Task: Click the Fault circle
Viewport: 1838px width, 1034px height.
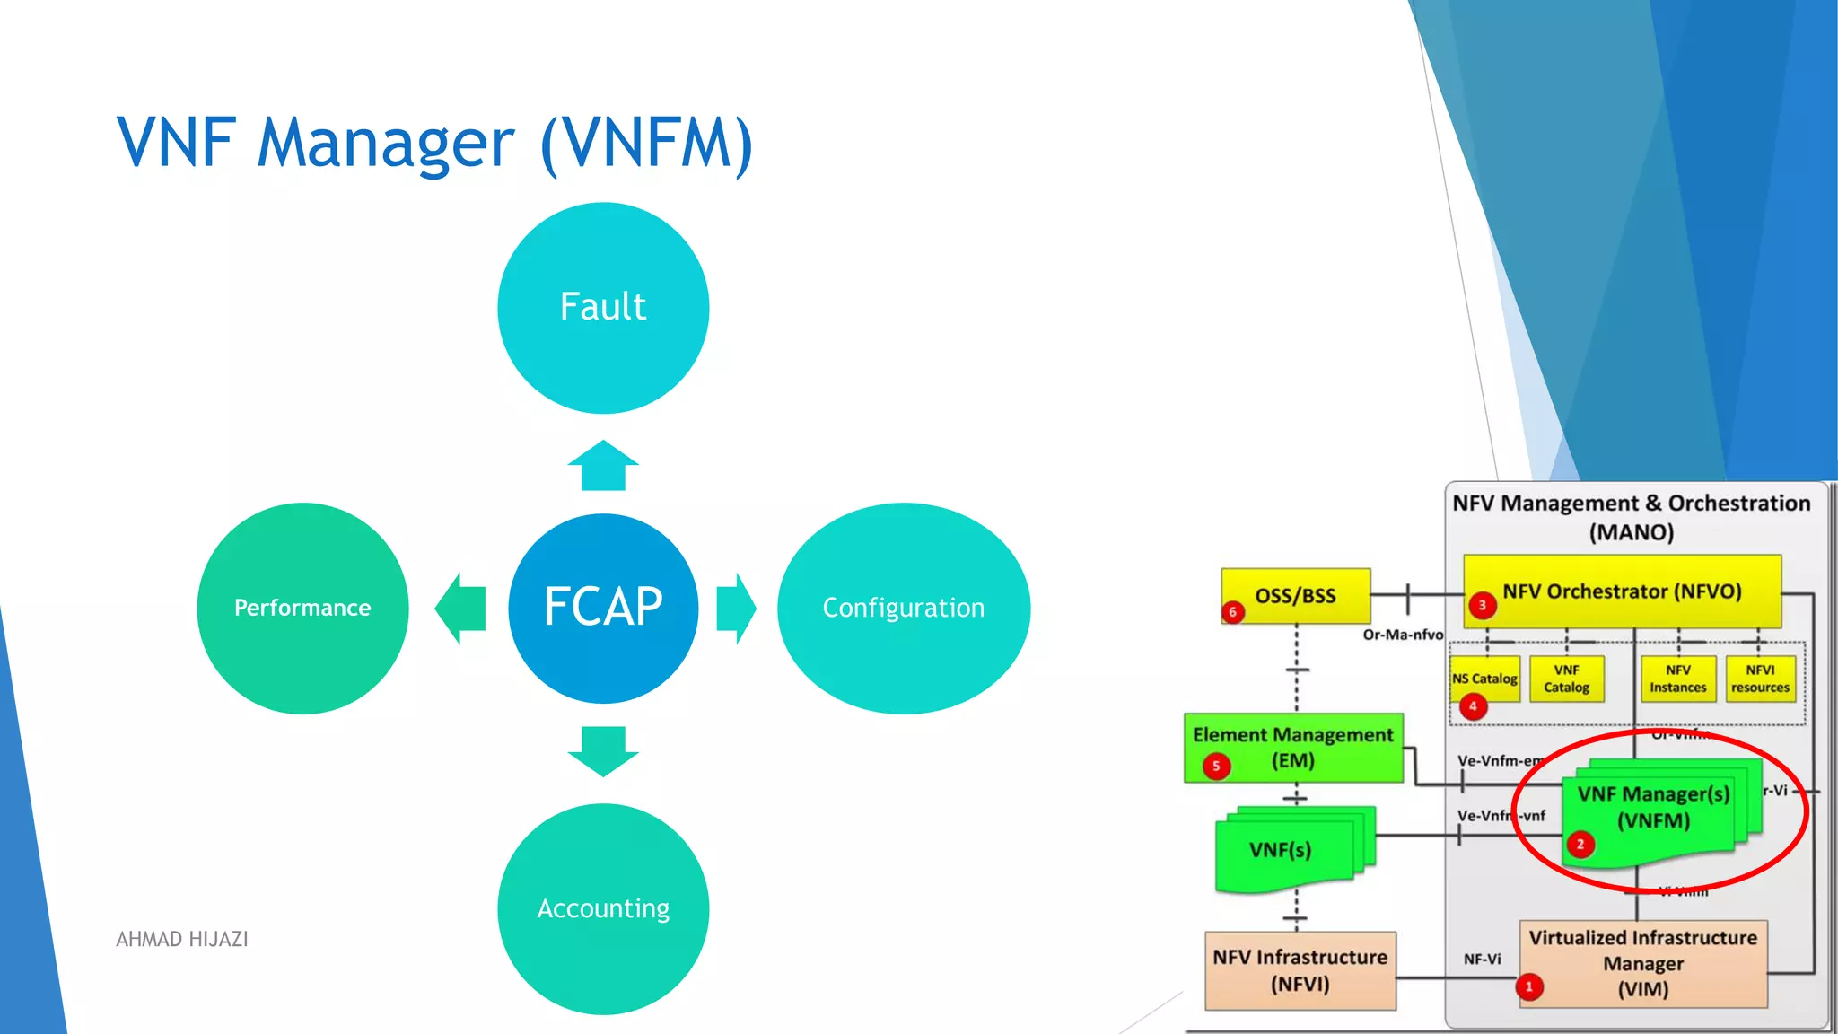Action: point(603,308)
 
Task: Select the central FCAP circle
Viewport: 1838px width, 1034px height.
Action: point(603,608)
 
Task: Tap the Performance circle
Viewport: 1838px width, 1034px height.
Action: point(302,608)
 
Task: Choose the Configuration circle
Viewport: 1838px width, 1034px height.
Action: point(903,608)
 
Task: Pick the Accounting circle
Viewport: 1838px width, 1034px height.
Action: point(603,908)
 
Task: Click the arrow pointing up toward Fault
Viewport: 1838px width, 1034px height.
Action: point(603,466)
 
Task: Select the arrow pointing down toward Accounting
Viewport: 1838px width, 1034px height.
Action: point(603,750)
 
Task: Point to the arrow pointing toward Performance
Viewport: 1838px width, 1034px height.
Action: point(461,608)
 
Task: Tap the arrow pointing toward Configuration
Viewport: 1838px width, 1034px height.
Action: point(736,608)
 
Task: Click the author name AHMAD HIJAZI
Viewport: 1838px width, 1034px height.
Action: point(182,939)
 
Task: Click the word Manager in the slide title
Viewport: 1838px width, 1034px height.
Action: point(386,144)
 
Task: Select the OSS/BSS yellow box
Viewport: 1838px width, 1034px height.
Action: point(1295,595)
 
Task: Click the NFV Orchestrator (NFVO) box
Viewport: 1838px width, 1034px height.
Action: point(1622,591)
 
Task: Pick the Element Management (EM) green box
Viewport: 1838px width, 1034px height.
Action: point(1292,747)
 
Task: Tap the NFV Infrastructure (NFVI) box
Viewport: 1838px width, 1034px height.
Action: point(1300,970)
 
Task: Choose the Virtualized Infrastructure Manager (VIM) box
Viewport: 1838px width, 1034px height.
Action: point(1642,963)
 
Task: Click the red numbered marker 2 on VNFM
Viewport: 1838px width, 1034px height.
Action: point(1580,844)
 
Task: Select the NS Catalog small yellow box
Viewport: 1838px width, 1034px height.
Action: point(1485,679)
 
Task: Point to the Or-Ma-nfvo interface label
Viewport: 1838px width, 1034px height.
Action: point(1403,635)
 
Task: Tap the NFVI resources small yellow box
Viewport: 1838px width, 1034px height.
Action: point(1760,679)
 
